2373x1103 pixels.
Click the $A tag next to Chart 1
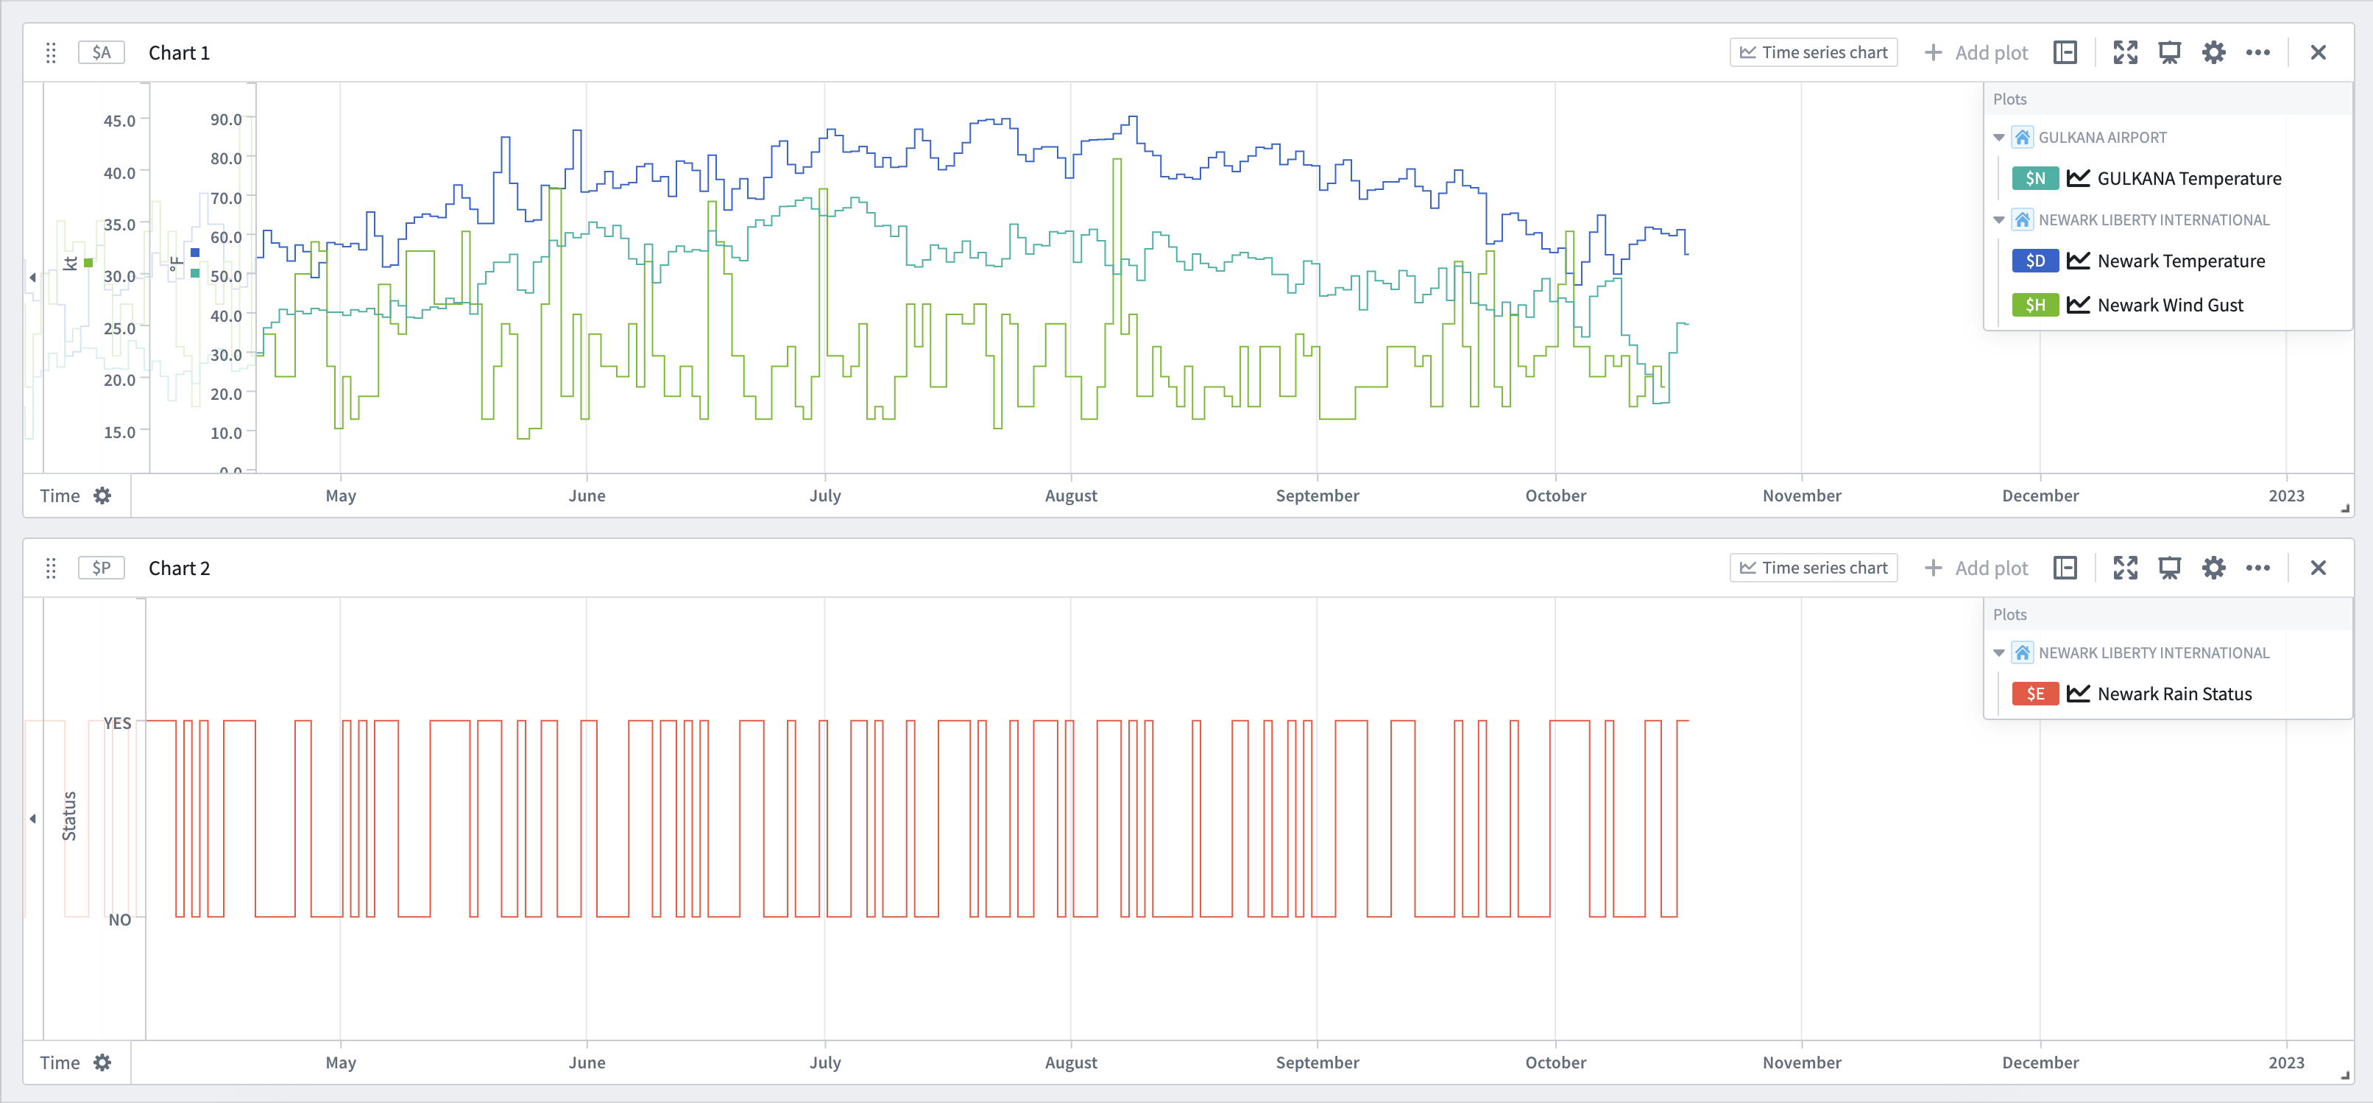pyautogui.click(x=102, y=52)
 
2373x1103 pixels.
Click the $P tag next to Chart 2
pyautogui.click(x=102, y=568)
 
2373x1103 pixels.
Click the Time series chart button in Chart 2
pyautogui.click(x=1813, y=568)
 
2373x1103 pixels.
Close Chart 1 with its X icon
pyautogui.click(x=2318, y=52)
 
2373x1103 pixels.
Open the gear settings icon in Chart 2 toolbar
pyautogui.click(x=2213, y=568)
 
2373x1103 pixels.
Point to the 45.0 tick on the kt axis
pyautogui.click(x=119, y=121)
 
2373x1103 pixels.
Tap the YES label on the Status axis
pyautogui.click(x=117, y=723)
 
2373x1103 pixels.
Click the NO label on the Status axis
pyautogui.click(x=120, y=920)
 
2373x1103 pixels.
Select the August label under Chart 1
pyautogui.click(x=1070, y=496)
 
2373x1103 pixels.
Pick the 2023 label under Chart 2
pyautogui.click(x=2285, y=1063)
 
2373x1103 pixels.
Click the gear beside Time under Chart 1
pyautogui.click(x=102, y=496)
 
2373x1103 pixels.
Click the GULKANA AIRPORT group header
pyautogui.click(x=2101, y=137)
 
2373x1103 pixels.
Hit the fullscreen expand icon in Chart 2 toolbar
pyautogui.click(x=2124, y=568)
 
